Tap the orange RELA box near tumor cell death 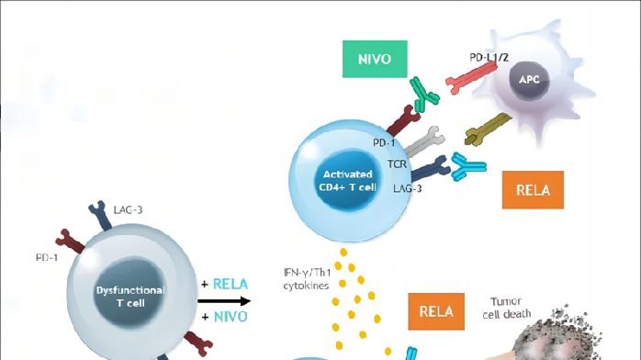tap(436, 309)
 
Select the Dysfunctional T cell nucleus tap(129, 295)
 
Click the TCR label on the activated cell tap(397, 163)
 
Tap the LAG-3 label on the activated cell tap(400, 187)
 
